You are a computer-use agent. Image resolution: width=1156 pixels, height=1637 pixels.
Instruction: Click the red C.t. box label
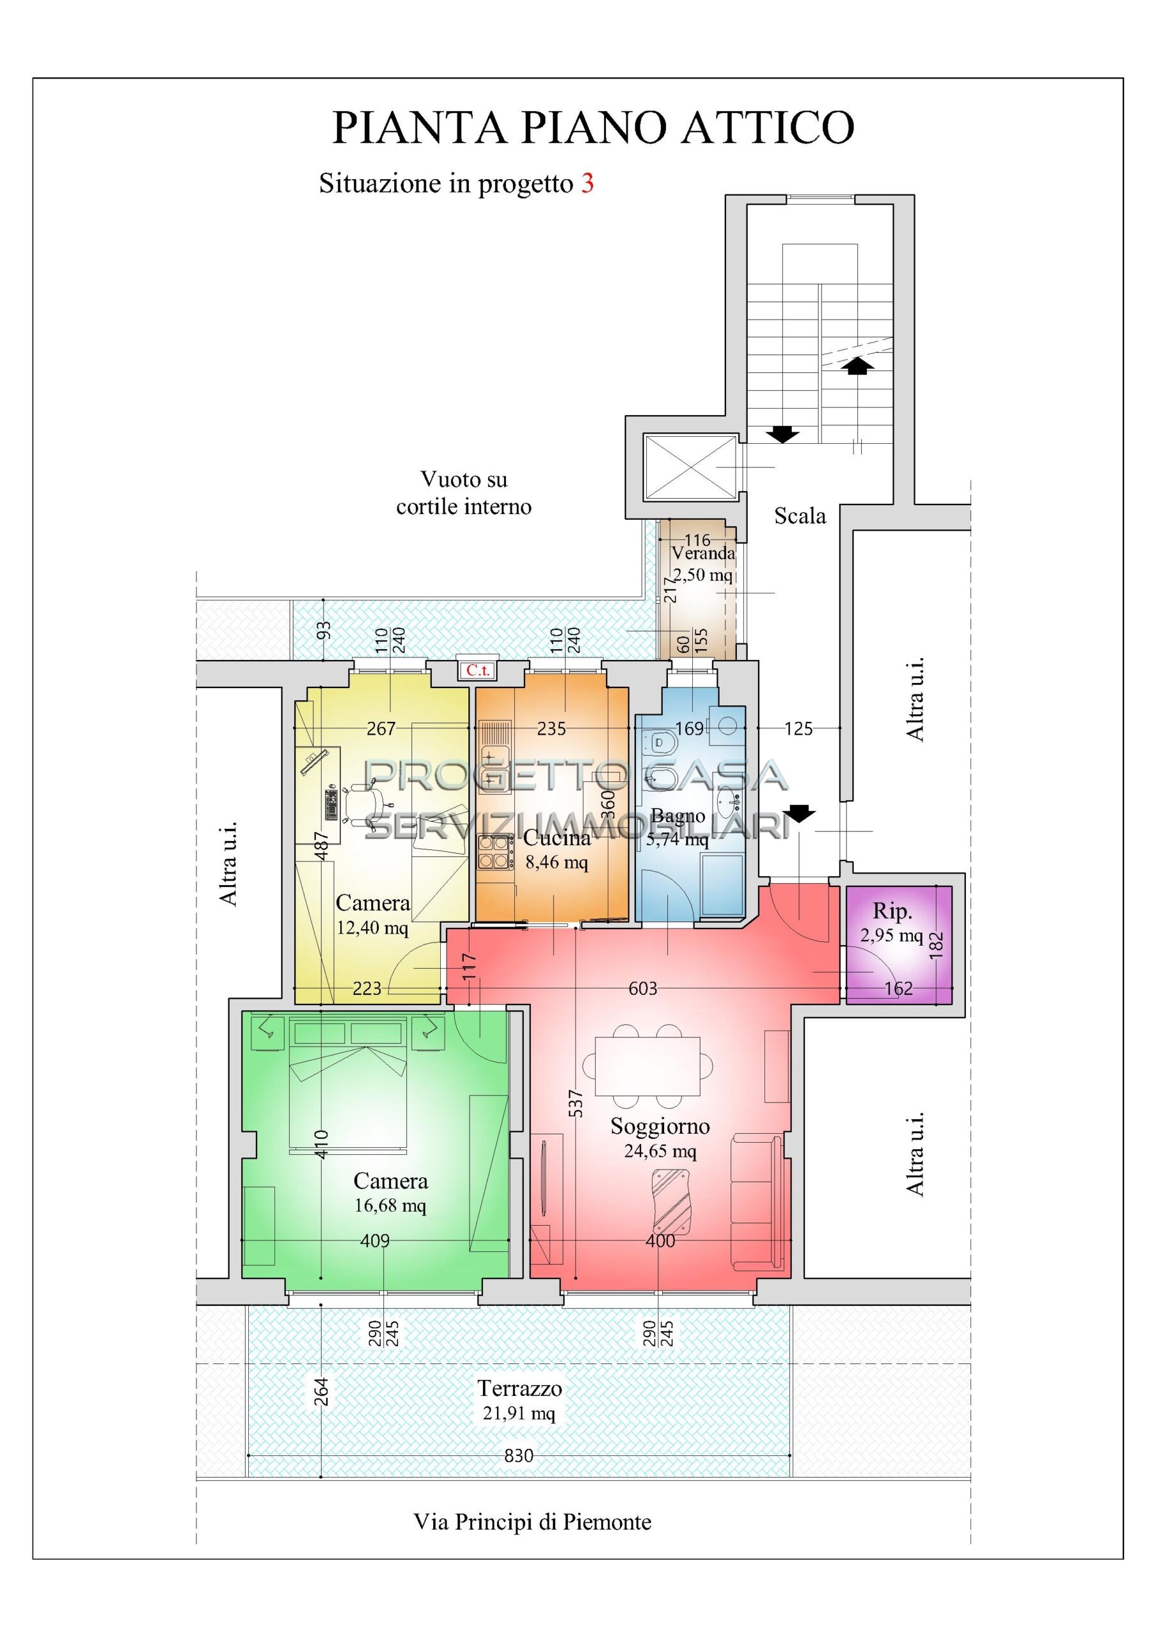(477, 670)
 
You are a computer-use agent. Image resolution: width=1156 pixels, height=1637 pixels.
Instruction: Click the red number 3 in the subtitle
(587, 184)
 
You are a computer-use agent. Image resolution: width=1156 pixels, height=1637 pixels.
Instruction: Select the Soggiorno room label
(660, 1126)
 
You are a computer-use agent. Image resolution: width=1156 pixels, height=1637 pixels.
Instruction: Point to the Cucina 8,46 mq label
(557, 849)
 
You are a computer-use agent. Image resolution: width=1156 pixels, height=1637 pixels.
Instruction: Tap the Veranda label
(703, 552)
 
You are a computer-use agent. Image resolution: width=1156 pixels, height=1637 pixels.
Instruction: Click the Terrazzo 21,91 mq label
(519, 1400)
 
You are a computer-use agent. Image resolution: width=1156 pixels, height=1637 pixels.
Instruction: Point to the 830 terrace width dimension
(518, 1456)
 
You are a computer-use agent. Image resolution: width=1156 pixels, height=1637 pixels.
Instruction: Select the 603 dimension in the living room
(642, 988)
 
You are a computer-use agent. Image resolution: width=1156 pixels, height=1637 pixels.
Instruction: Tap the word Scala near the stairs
(800, 515)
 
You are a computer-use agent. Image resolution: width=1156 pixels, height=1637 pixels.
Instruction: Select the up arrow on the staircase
(857, 365)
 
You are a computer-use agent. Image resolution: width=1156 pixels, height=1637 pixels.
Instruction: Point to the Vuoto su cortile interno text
(464, 492)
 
